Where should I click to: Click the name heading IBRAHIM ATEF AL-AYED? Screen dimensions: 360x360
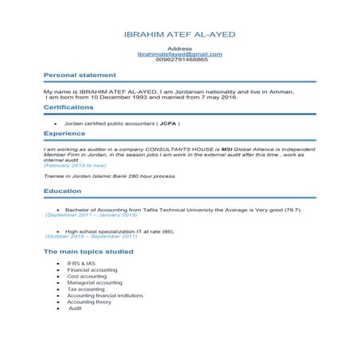tap(180, 36)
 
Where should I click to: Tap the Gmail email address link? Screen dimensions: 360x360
tap(180, 54)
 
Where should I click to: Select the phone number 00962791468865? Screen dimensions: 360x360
tap(180, 60)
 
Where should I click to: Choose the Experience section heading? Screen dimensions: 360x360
tap(64, 134)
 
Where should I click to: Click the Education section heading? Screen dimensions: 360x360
tap(62, 192)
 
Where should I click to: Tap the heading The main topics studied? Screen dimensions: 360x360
tap(88, 251)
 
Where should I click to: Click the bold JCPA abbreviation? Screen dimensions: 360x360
tap(168, 124)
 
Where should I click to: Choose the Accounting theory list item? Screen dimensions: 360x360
tap(90, 302)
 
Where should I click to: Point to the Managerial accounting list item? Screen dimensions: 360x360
tap(95, 282)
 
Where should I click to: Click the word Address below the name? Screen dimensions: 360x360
tap(180, 48)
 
